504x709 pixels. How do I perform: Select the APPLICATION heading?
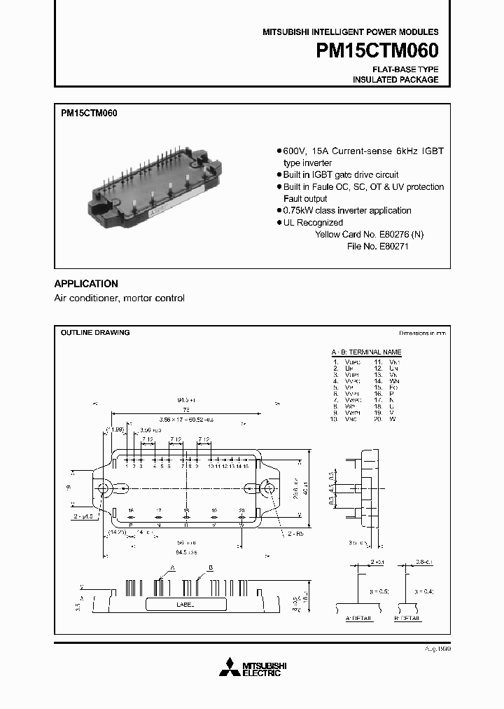click(86, 284)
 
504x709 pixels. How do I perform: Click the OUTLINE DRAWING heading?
click(94, 332)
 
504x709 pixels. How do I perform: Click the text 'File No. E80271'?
click(377, 247)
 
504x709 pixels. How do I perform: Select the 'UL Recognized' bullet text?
click(313, 223)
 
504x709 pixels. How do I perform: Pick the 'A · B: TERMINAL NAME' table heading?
click(366, 352)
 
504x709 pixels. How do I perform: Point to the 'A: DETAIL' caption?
click(359, 619)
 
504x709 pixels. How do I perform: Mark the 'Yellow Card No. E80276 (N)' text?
click(369, 235)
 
